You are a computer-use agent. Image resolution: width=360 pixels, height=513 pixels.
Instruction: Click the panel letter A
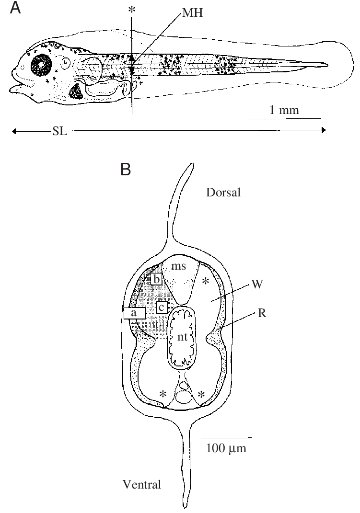click(x=15, y=9)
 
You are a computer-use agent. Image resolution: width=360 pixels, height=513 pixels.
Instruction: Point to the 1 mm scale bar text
click(x=284, y=110)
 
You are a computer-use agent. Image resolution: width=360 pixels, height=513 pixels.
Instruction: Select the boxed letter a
click(x=134, y=313)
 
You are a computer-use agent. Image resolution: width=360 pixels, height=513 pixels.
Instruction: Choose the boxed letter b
click(x=156, y=279)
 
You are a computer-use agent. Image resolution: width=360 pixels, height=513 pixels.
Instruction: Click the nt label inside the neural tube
click(x=181, y=337)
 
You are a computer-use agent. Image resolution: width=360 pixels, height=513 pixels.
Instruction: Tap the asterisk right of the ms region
click(x=207, y=280)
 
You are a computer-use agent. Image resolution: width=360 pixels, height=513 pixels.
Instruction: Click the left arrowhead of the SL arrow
click(x=14, y=130)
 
